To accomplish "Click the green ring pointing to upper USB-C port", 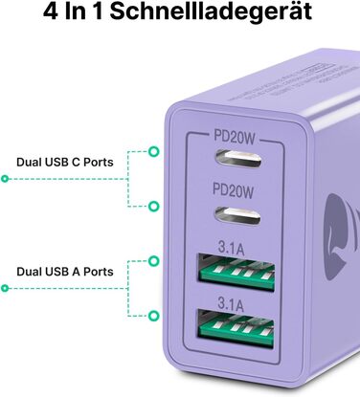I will (154, 151).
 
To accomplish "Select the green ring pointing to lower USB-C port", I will (154, 206).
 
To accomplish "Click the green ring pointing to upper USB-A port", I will (154, 259).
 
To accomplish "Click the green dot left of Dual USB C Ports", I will (5, 178).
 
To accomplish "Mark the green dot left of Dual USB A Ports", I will (5, 287).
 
